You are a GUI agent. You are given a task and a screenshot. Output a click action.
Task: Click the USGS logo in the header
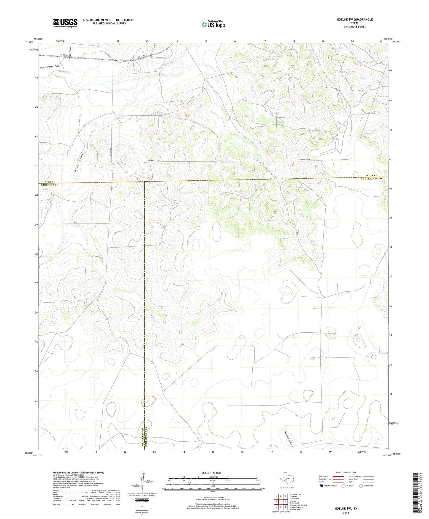click(x=65, y=23)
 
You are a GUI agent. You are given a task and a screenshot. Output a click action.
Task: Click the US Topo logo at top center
click(x=213, y=24)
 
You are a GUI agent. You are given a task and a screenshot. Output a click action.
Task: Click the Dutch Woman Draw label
click(x=50, y=67)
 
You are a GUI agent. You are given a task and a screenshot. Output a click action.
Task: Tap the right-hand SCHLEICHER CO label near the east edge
click(x=371, y=178)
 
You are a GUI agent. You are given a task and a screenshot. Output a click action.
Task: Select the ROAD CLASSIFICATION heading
click(x=346, y=472)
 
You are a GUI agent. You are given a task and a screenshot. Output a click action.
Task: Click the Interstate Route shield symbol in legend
click(x=322, y=486)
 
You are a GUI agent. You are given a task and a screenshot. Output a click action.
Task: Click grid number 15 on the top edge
click(x=206, y=41)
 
